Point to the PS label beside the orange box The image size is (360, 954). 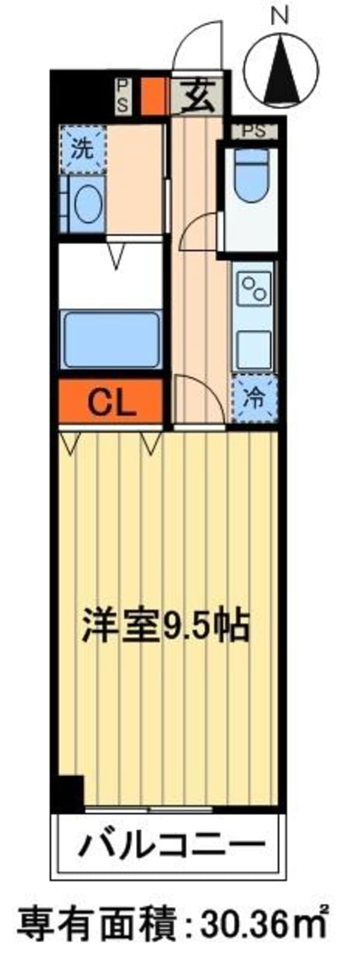tap(122, 95)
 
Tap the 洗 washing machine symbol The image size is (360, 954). tap(82, 148)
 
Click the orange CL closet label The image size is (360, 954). tap(112, 403)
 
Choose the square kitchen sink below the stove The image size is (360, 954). tap(253, 346)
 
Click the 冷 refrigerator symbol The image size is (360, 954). tap(255, 398)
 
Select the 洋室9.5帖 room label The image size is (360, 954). tap(166, 626)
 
